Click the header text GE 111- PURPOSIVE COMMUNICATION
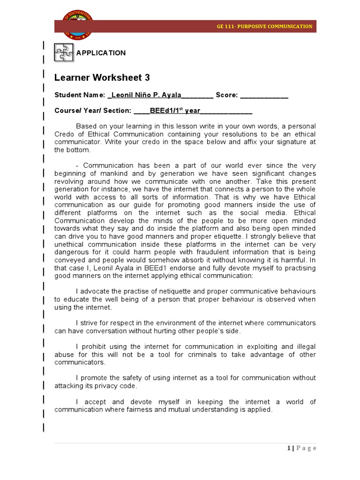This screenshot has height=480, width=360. (271, 26)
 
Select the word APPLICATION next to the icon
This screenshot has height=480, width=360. (101, 53)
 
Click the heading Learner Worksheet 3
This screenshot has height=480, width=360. (102, 77)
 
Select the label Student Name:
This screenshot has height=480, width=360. (80, 95)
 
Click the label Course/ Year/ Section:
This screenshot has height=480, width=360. (93, 111)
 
